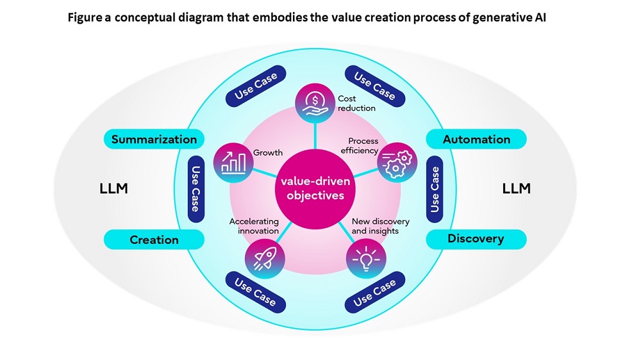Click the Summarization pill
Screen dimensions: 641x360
pyautogui.click(x=154, y=139)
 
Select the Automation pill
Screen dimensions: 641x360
pyautogui.click(x=476, y=139)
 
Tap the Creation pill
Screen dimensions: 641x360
pyautogui.click(x=154, y=240)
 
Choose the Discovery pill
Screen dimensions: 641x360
pyautogui.click(x=476, y=239)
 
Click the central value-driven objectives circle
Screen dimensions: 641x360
pyautogui.click(x=315, y=189)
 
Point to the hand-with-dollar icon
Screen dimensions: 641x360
pyautogui.click(x=315, y=103)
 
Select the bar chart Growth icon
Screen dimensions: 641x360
pyautogui.click(x=233, y=163)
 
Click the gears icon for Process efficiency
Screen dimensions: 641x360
pyautogui.click(x=397, y=162)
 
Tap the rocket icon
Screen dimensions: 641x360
pyautogui.click(x=265, y=259)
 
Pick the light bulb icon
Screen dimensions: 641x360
pyautogui.click(x=366, y=259)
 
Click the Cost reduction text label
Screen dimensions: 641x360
pyautogui.click(x=356, y=103)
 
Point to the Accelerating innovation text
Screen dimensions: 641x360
pyautogui.click(x=254, y=226)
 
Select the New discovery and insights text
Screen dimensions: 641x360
pyautogui.click(x=381, y=226)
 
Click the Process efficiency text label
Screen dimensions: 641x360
pyautogui.click(x=360, y=146)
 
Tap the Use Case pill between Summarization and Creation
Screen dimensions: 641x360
pyautogui.click(x=196, y=189)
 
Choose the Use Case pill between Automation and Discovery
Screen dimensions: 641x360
pyautogui.click(x=435, y=189)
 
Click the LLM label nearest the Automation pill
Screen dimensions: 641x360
pyautogui.click(x=516, y=188)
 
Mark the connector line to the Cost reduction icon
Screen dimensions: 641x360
pyautogui.click(x=315, y=136)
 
